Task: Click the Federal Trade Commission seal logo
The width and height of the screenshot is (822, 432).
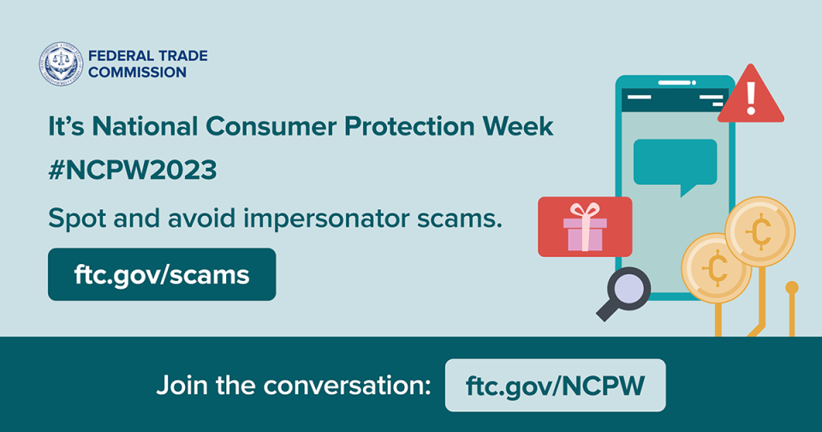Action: (x=60, y=64)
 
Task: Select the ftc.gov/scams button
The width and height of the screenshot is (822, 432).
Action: (x=162, y=275)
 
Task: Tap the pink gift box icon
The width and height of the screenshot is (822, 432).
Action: (x=585, y=227)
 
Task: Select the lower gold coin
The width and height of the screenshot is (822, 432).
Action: (x=715, y=268)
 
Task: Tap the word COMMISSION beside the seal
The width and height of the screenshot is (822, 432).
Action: (x=137, y=73)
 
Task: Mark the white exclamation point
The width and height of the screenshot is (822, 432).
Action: (x=751, y=98)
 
